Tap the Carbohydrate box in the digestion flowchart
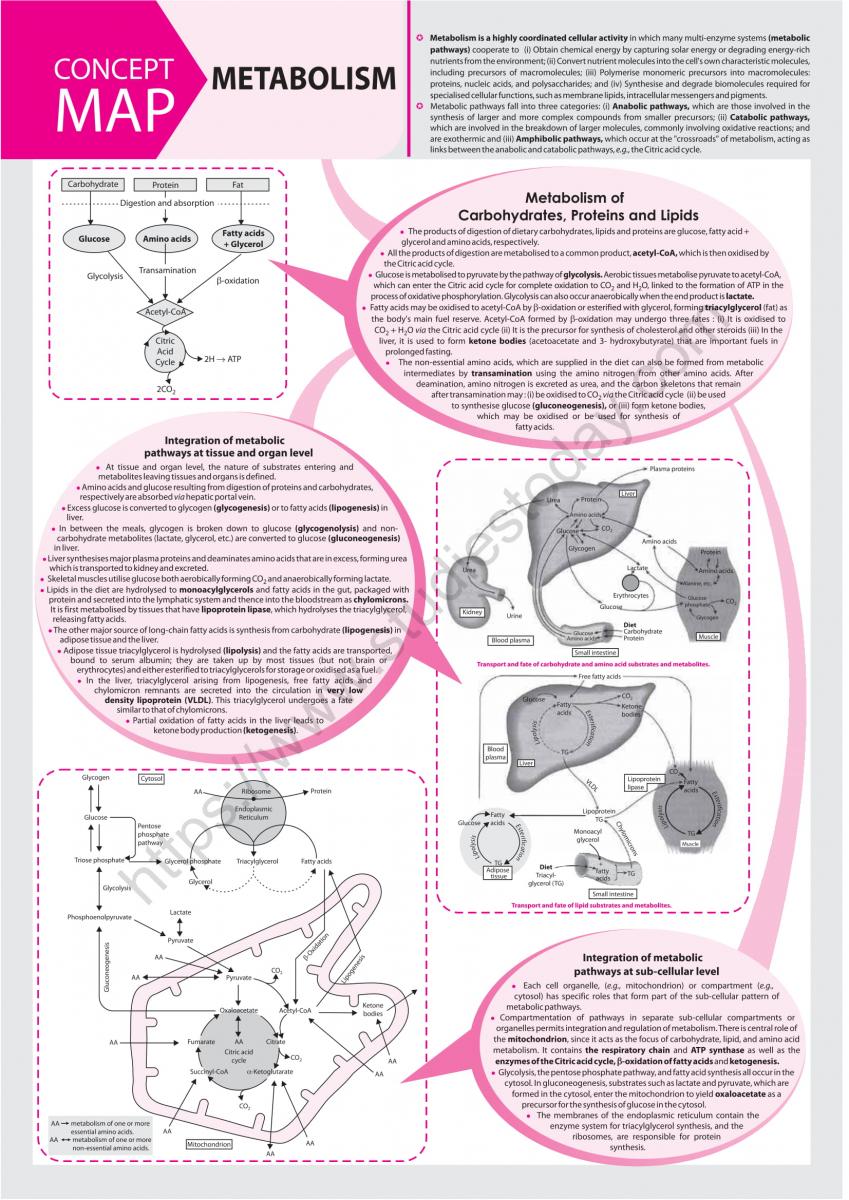pos(91,185)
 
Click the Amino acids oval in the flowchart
pos(167,240)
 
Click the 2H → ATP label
pos(223,358)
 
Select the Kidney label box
pos(472,612)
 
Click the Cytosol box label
pos(151,777)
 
